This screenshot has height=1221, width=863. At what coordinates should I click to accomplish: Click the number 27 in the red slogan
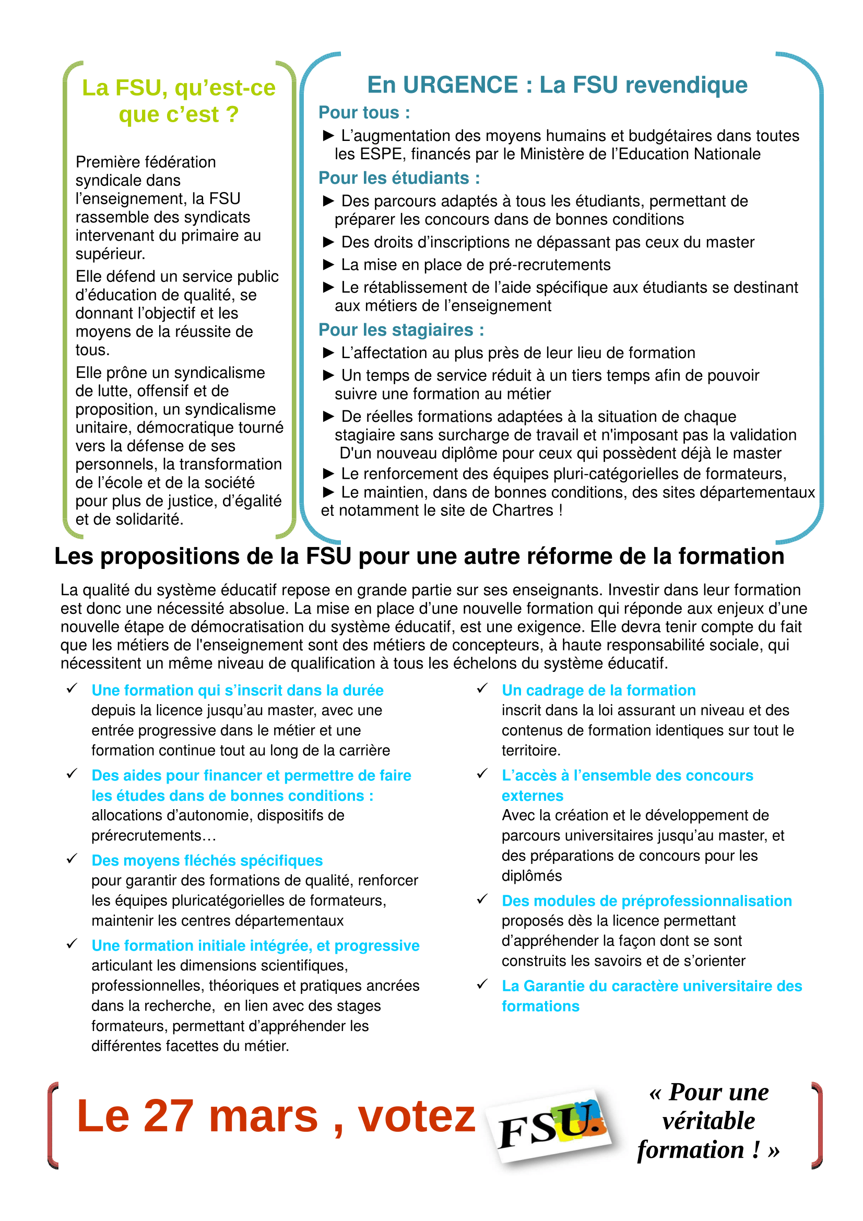click(168, 1116)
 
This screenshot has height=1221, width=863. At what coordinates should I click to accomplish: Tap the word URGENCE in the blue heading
click(460, 85)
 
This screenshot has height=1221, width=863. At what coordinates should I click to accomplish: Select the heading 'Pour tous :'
click(364, 113)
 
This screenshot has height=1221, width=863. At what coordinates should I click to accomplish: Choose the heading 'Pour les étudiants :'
click(399, 178)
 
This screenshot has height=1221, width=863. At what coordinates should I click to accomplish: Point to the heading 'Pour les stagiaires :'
click(401, 330)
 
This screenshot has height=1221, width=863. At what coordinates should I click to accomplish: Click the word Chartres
click(522, 511)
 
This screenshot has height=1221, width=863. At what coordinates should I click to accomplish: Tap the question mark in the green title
click(232, 115)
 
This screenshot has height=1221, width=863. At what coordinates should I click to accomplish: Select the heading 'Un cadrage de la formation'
click(598, 690)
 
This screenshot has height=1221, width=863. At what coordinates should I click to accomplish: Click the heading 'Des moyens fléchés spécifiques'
click(207, 860)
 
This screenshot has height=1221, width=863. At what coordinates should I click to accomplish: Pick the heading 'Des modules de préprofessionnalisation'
click(646, 901)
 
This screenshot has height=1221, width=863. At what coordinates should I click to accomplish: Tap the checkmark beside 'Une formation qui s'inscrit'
click(72, 689)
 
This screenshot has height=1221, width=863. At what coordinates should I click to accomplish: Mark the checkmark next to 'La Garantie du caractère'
click(482, 985)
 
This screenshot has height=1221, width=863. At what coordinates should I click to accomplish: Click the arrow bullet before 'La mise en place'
click(328, 265)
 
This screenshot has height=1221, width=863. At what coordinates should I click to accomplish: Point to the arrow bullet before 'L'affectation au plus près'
click(328, 353)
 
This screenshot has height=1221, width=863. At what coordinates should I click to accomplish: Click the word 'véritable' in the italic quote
click(708, 1121)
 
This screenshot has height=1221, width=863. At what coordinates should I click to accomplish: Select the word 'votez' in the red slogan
click(416, 1116)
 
